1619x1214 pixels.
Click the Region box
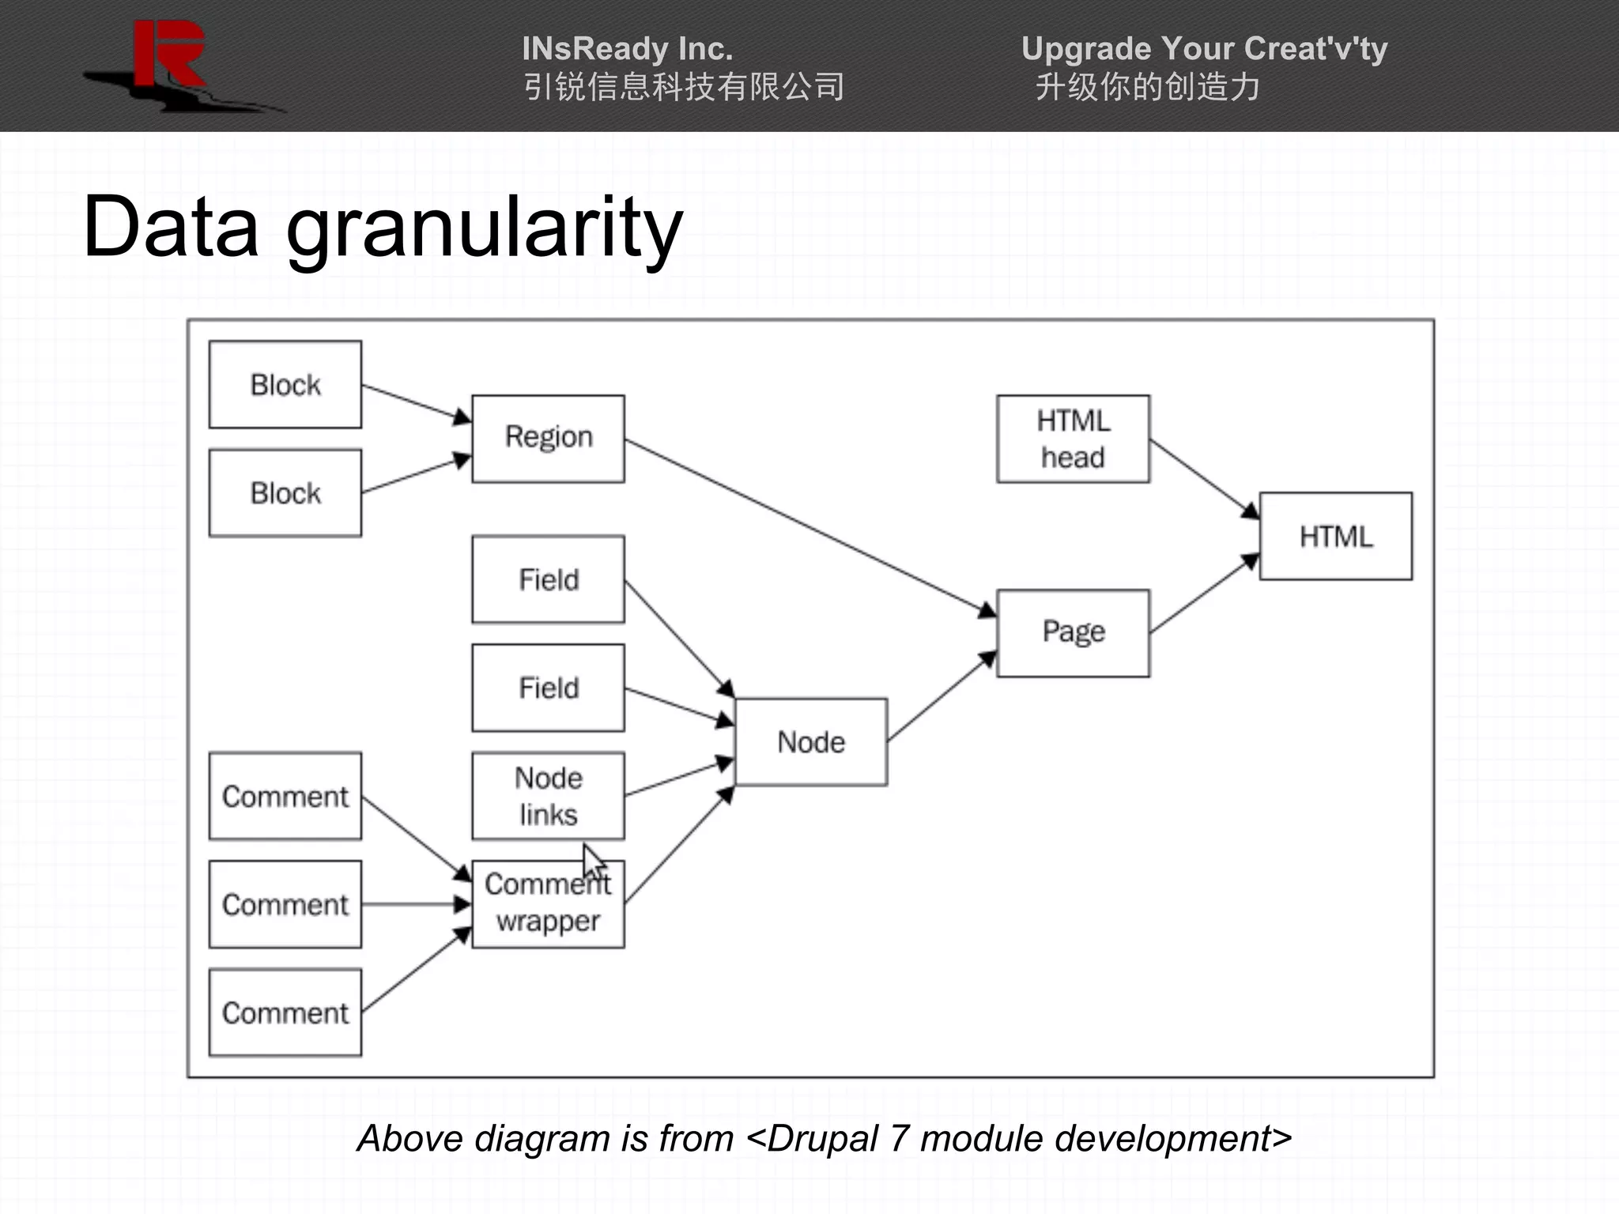point(548,439)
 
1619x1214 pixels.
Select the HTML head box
point(1073,439)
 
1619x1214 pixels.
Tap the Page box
point(1073,632)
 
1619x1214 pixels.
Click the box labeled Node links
point(548,796)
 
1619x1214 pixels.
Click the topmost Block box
point(285,385)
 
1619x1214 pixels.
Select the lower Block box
point(285,493)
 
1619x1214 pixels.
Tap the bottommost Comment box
point(285,1012)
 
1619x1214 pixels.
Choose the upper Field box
point(548,579)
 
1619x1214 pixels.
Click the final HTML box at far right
point(1335,537)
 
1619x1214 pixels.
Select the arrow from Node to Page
point(941,696)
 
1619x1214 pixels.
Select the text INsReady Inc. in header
point(627,49)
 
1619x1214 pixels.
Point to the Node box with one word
point(810,742)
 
